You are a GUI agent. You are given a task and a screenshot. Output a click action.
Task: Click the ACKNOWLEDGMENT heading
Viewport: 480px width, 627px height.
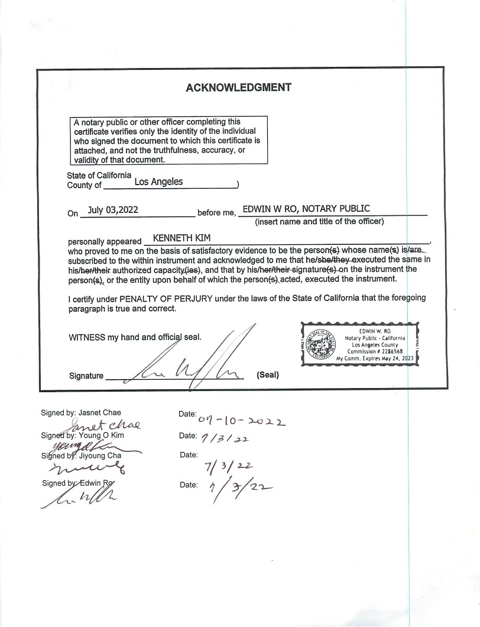pos(238,88)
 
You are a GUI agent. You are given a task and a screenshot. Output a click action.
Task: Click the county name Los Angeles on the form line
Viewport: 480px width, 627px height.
pos(158,182)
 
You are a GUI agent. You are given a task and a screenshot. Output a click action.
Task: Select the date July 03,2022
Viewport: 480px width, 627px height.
pos(113,209)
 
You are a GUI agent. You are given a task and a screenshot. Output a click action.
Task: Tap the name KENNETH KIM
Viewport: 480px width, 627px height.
pos(178,238)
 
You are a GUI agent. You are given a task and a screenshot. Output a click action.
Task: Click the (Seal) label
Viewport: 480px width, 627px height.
pos(268,375)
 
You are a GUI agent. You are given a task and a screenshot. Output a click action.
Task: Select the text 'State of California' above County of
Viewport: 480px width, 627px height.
pos(99,175)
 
